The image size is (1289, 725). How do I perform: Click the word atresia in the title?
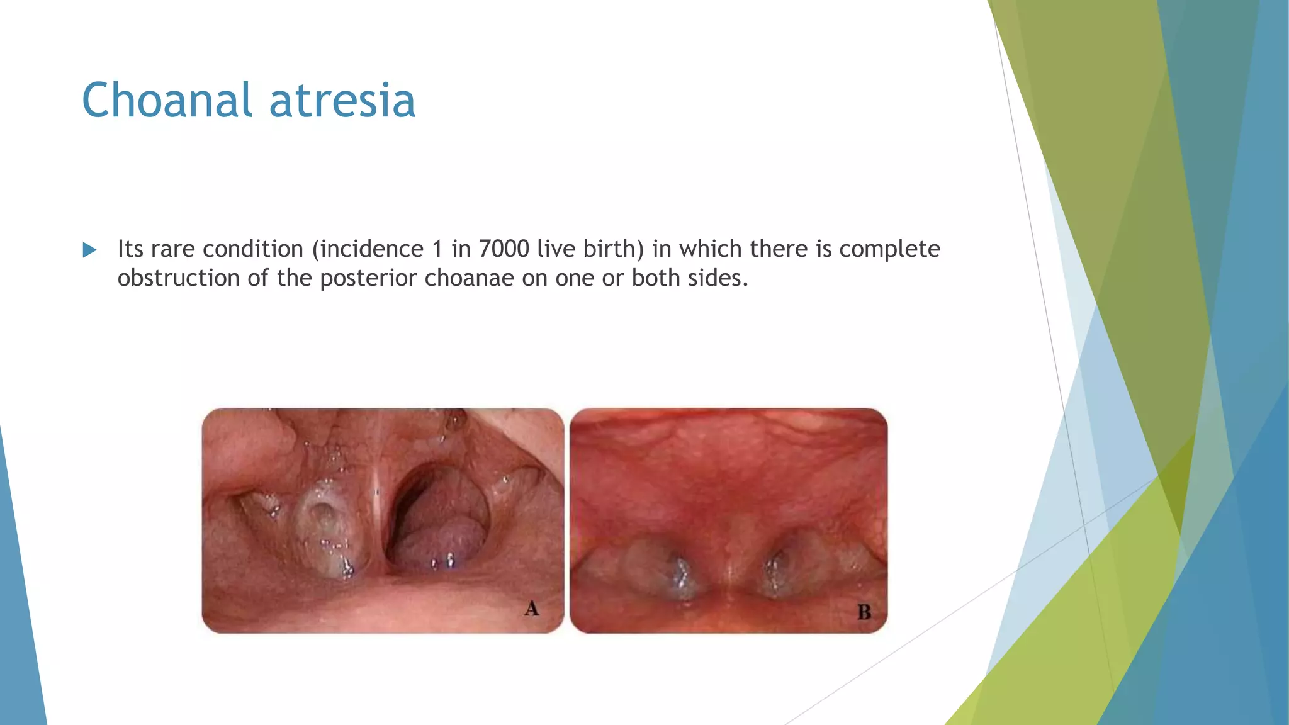pos(342,100)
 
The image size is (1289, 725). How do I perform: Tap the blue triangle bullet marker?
pos(89,250)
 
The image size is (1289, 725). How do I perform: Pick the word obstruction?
pos(179,278)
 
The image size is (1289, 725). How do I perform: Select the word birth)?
pos(614,249)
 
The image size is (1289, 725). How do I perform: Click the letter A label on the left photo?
pos(532,609)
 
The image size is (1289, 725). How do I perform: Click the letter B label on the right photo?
pos(864,612)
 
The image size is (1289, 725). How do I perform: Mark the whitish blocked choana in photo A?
pos(326,529)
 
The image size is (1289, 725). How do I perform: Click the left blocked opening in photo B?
pos(677,570)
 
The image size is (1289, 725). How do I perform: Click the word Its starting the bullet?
pos(130,249)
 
